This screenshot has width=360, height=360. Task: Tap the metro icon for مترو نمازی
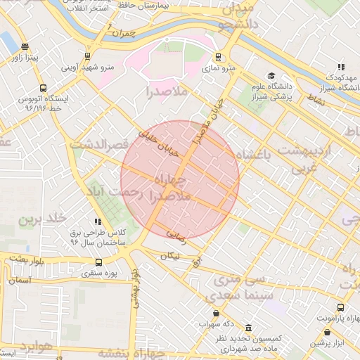[219, 57]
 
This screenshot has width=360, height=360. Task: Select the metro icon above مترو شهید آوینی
[87, 56]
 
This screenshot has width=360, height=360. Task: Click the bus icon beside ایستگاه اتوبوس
[44, 89]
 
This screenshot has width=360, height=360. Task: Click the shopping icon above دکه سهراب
[215, 314]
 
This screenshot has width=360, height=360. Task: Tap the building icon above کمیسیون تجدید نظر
[249, 328]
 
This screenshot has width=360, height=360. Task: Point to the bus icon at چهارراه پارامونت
[340, 307]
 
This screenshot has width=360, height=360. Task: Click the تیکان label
[170, 256]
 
